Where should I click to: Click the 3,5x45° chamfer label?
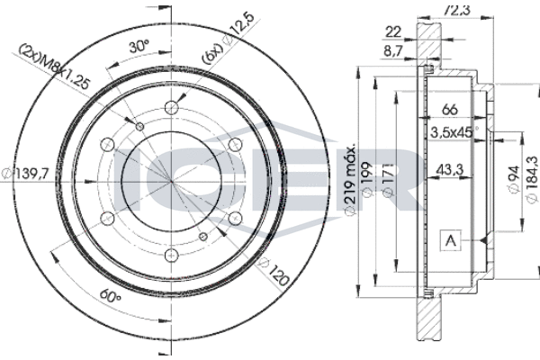click(x=454, y=132)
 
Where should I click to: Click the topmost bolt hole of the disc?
click(x=171, y=111)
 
